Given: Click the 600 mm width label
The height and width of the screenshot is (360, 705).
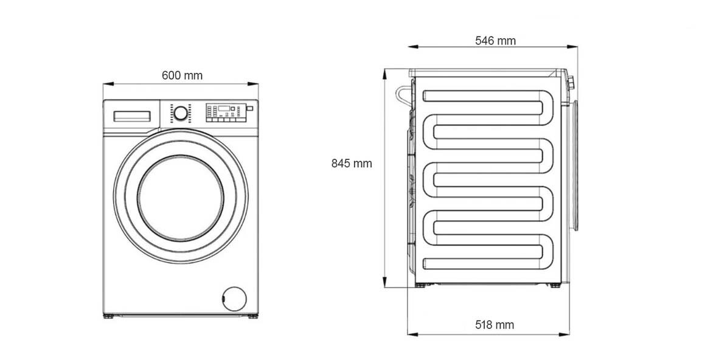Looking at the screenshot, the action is pyautogui.click(x=182, y=75).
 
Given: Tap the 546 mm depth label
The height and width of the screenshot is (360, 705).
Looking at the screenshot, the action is pyautogui.click(x=496, y=41).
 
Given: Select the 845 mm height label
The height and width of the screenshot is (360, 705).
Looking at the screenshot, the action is pyautogui.click(x=352, y=164).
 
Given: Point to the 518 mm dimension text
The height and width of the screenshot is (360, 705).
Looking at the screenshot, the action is pyautogui.click(x=495, y=325).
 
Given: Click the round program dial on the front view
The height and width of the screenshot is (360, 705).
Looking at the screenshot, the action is pyautogui.click(x=181, y=113).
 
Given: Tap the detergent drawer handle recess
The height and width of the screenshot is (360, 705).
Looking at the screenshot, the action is pyautogui.click(x=132, y=116).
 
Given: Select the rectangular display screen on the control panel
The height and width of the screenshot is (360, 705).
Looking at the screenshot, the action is pyautogui.click(x=224, y=108).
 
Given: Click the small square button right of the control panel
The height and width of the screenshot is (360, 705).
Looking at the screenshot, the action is pyautogui.click(x=250, y=108).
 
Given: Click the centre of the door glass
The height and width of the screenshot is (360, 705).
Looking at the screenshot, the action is pyautogui.click(x=181, y=198).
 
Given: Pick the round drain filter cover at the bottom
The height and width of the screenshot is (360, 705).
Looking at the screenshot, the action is pyautogui.click(x=234, y=299).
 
